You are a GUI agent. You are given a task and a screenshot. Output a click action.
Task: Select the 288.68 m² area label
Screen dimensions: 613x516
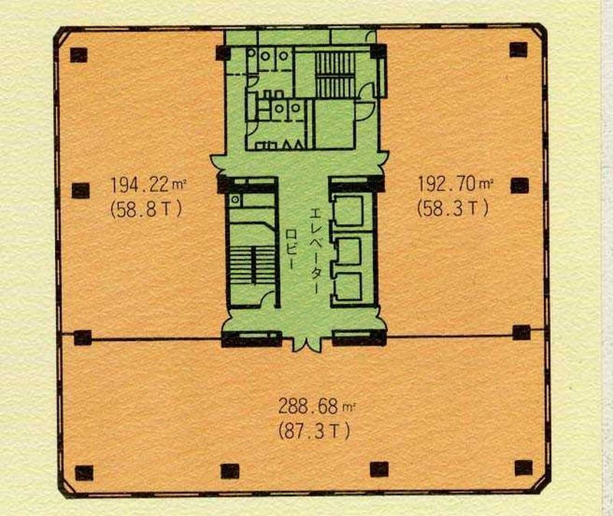pyautogui.click(x=317, y=406)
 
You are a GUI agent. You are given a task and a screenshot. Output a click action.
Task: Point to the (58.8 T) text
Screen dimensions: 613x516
pyautogui.click(x=146, y=209)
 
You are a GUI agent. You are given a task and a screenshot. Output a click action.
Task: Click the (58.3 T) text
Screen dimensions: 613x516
pyautogui.click(x=453, y=208)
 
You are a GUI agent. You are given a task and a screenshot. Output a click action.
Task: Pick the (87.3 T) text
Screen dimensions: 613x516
pyautogui.click(x=314, y=431)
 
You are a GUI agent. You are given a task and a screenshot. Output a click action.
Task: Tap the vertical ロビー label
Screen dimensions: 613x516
pyautogui.click(x=291, y=248)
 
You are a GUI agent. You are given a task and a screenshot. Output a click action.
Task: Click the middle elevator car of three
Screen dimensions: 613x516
pyautogui.click(x=349, y=250)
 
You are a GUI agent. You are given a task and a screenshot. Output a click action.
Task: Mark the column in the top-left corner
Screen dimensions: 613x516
pyautogui.click(x=79, y=54)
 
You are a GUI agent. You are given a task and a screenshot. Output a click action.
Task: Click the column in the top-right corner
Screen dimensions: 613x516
pyautogui.click(x=519, y=50)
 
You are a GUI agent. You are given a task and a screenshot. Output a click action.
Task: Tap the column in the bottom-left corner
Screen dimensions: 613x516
pyautogui.click(x=84, y=473)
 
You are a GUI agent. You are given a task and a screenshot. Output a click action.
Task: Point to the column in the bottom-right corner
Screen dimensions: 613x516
pyautogui.click(x=523, y=468)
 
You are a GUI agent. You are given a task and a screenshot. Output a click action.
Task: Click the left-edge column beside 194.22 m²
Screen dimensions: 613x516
pyautogui.click(x=80, y=190)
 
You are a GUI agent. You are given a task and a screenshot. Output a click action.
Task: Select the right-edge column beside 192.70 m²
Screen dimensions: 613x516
pyautogui.click(x=520, y=186)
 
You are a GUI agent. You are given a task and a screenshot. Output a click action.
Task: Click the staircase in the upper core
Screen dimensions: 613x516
pyautogui.click(x=335, y=74)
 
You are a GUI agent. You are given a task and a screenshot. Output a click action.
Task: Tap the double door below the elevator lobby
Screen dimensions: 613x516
pyautogui.click(x=307, y=341)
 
